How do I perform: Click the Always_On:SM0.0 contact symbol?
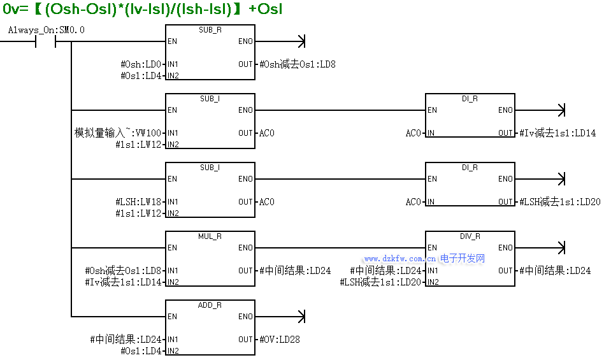(46, 41)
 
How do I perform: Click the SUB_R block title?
(210, 30)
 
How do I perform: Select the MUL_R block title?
(210, 236)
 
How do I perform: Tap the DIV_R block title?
(470, 236)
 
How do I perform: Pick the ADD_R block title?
(210, 305)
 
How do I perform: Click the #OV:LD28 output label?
(280, 340)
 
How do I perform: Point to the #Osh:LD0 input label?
(141, 64)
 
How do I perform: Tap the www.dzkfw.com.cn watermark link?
(400, 259)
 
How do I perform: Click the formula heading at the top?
(142, 10)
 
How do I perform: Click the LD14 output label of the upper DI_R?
(557, 133)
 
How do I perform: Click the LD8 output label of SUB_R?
(298, 64)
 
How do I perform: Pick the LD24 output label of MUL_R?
(295, 271)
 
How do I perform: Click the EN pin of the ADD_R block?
(173, 317)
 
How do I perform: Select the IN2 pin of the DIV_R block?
(432, 282)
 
